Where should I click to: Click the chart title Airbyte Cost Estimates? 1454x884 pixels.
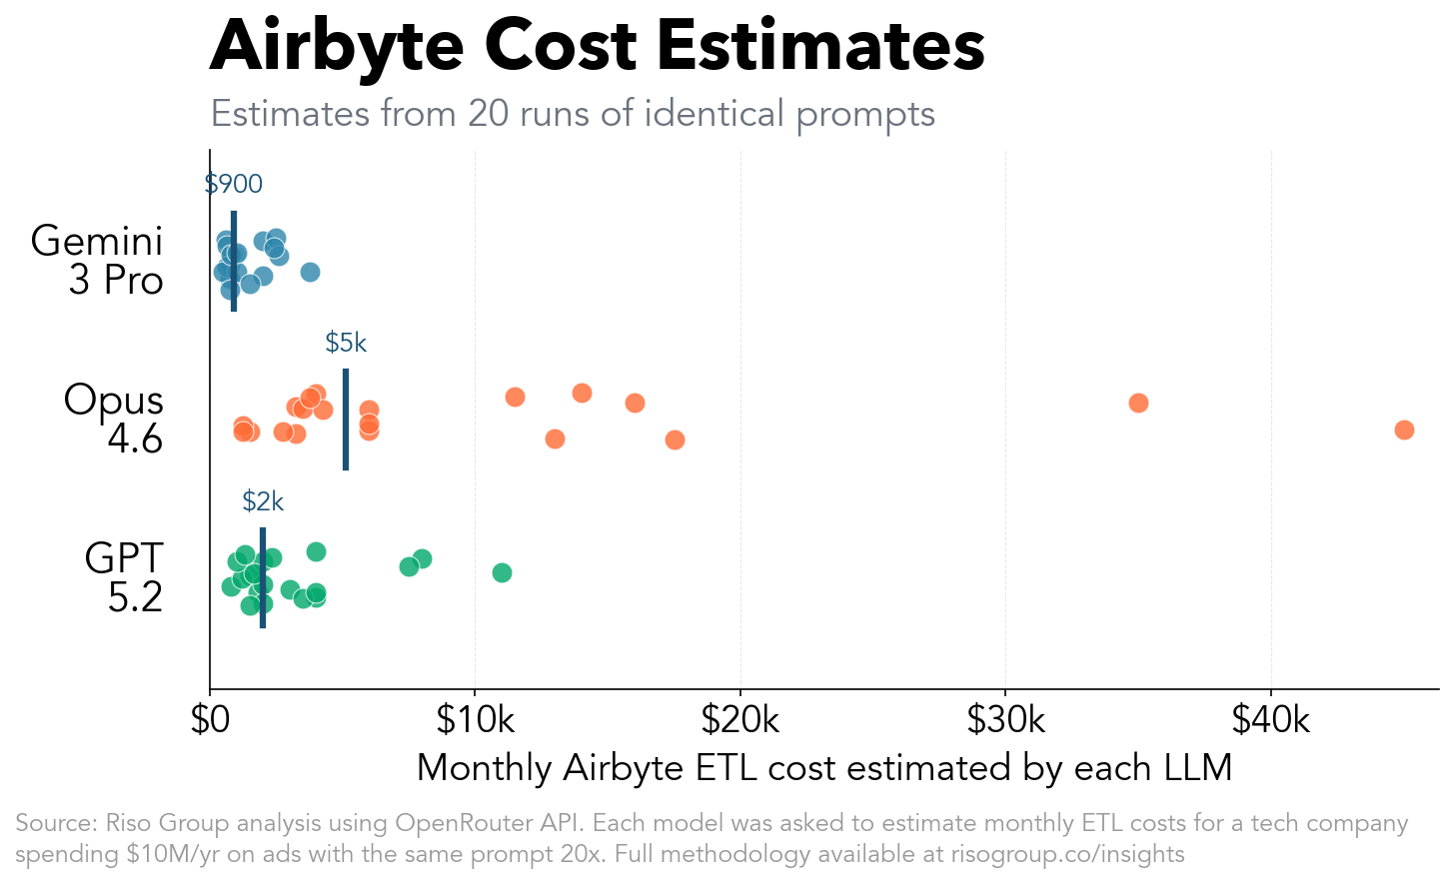pyautogui.click(x=597, y=46)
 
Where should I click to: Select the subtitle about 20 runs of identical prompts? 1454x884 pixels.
pyautogui.click(x=573, y=114)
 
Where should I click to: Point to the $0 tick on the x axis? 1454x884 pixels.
pyautogui.click(x=210, y=719)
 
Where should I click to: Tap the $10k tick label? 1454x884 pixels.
pyautogui.click(x=475, y=719)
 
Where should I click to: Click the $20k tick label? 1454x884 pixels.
pyautogui.click(x=740, y=719)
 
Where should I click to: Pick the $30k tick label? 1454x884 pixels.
pyautogui.click(x=1005, y=719)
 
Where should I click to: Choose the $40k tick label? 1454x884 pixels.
pyautogui.click(x=1270, y=719)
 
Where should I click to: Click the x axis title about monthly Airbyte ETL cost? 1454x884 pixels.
pyautogui.click(x=823, y=768)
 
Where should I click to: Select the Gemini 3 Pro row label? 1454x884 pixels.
pyautogui.click(x=98, y=261)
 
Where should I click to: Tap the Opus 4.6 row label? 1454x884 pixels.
pyautogui.click(x=113, y=419)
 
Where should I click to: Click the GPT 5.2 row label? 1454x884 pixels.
pyautogui.click(x=124, y=577)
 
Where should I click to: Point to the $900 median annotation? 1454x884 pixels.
pyautogui.click(x=234, y=184)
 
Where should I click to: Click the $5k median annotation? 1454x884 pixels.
pyautogui.click(x=346, y=343)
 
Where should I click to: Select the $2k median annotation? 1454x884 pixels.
pyautogui.click(x=263, y=501)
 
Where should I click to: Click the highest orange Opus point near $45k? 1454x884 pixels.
pyautogui.click(x=1404, y=430)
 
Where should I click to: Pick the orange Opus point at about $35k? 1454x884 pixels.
pyautogui.click(x=1138, y=403)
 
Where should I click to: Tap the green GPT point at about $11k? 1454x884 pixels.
pyautogui.click(x=502, y=572)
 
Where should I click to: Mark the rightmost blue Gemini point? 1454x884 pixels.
pyautogui.click(x=310, y=273)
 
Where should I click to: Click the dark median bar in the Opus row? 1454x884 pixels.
pyautogui.click(x=346, y=420)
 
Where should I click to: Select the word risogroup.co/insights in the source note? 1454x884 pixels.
pyautogui.click(x=1067, y=855)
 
